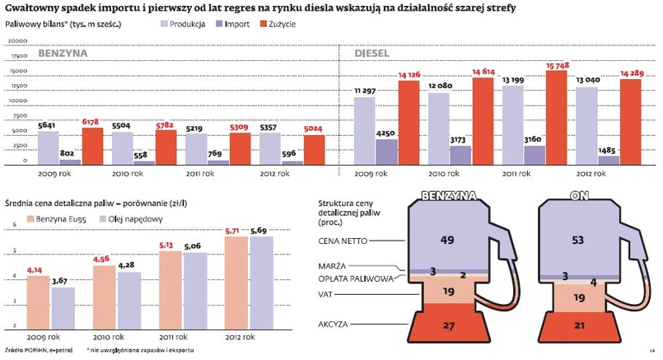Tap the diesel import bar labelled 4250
pyautogui.click(x=386, y=151)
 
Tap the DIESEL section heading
pyautogui.click(x=374, y=54)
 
